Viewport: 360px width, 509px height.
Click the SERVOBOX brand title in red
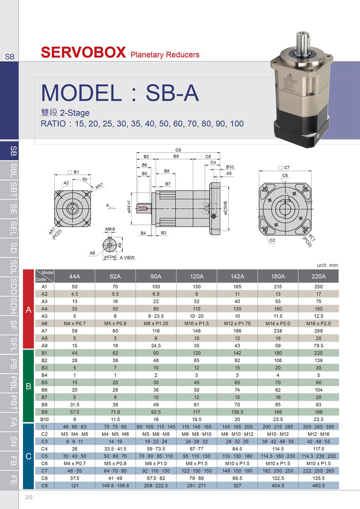83,52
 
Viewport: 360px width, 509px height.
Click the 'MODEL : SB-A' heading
120,92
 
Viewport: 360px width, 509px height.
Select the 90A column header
156,276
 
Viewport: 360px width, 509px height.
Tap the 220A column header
318,276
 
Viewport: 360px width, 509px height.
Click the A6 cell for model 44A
75,323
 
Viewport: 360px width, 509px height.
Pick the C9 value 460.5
318,486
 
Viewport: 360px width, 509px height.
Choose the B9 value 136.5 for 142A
237,412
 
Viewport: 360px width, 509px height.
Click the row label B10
44,419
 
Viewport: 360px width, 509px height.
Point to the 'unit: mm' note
327,265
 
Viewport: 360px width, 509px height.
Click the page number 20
28,497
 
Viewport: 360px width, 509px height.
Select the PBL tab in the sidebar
13,383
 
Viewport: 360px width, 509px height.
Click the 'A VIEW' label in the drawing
127,257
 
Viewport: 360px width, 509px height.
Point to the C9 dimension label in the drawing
178,150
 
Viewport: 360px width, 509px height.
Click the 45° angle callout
85,180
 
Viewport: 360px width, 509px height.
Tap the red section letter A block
28,309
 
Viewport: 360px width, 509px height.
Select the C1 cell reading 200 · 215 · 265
278,427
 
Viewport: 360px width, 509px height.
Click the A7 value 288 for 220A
318,331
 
